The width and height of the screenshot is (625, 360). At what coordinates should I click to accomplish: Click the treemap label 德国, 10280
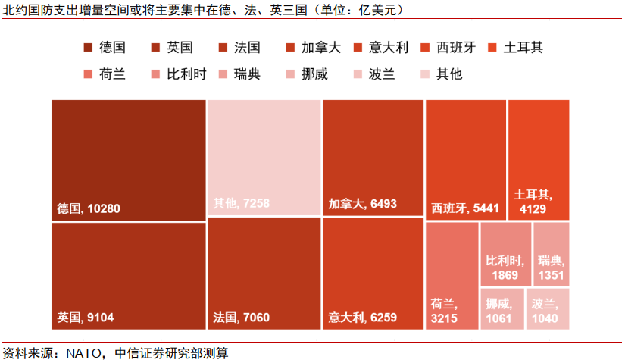(89, 208)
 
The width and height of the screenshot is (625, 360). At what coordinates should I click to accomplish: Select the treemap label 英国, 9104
(86, 318)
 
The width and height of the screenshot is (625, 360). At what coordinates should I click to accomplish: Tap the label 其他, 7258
(241, 203)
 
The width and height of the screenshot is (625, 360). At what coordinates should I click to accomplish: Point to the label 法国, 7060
(241, 318)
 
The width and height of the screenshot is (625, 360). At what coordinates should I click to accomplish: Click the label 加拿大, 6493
(362, 204)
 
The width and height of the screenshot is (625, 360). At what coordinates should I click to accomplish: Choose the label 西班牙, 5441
(464, 208)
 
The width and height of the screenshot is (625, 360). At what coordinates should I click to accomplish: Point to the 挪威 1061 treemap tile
(502, 309)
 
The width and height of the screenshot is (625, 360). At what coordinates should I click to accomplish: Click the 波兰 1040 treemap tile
(547, 309)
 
